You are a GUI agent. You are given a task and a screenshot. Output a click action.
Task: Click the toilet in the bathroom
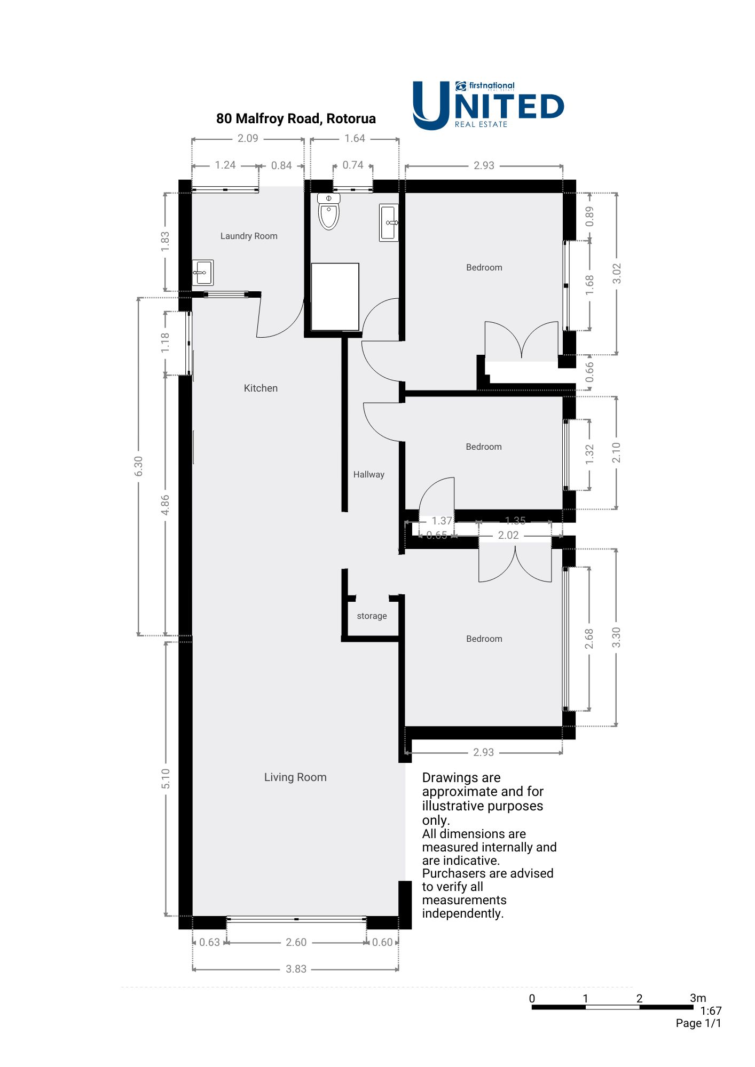click(328, 212)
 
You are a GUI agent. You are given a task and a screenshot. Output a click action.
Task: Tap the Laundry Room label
click(249, 236)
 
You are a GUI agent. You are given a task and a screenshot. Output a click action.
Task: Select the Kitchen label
click(261, 388)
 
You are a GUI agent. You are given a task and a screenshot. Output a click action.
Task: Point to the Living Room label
click(295, 777)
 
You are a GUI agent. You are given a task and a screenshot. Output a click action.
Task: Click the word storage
click(372, 616)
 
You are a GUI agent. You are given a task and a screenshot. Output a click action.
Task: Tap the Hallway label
click(368, 474)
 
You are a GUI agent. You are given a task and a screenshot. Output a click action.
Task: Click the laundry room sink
click(203, 273)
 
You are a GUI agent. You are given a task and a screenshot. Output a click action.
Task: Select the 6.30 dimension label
click(139, 466)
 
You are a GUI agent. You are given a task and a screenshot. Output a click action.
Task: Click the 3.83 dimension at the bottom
click(296, 969)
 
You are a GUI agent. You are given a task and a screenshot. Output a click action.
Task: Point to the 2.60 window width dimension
click(296, 942)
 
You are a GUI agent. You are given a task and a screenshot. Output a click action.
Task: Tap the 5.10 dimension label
click(166, 779)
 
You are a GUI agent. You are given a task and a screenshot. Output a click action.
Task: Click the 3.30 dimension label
click(616, 638)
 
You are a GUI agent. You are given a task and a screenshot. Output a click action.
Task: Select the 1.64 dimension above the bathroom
click(355, 138)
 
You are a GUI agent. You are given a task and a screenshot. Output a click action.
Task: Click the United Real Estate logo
click(488, 105)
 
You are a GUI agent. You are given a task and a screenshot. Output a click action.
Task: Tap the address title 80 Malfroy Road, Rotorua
click(296, 118)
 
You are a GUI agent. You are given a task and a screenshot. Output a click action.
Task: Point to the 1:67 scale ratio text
click(711, 1010)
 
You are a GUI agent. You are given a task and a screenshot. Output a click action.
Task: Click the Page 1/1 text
click(698, 1023)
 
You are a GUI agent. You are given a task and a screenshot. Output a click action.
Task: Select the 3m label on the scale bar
click(697, 998)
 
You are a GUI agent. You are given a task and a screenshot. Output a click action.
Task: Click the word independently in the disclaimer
click(462, 913)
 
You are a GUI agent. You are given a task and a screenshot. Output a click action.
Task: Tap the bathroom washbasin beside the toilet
click(389, 222)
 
